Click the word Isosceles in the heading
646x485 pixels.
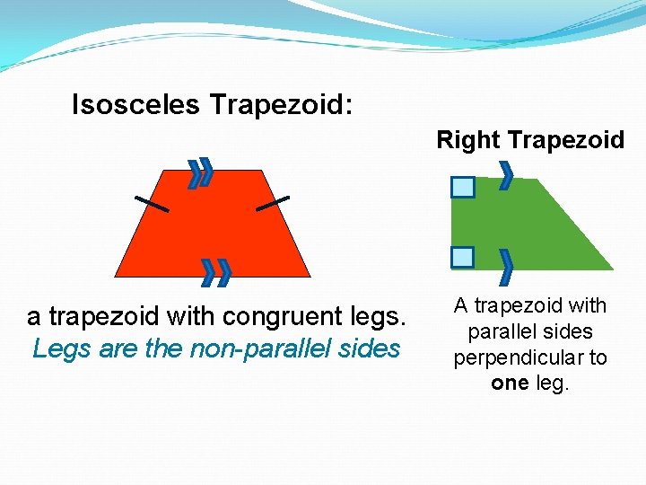135,106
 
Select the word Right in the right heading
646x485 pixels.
468,140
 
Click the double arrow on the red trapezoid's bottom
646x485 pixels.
216,271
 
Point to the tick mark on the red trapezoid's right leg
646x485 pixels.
273,203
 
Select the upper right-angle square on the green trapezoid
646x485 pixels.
462,187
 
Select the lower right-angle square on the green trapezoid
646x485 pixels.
462,258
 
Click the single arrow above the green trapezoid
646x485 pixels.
506,174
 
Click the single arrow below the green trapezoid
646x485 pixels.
506,264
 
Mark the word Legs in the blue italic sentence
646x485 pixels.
57,348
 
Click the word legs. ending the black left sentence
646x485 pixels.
382,317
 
